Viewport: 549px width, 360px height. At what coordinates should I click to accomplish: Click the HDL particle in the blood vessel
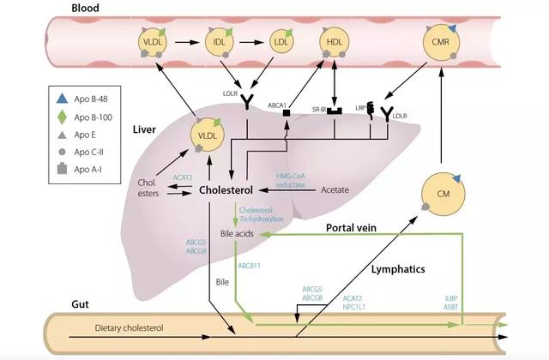click(334, 42)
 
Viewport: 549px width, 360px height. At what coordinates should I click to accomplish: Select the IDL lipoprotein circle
click(220, 42)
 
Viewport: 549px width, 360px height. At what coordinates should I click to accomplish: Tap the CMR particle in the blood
click(440, 42)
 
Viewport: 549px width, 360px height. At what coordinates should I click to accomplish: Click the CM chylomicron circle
click(443, 194)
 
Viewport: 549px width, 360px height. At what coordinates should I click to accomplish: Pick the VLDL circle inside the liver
click(208, 135)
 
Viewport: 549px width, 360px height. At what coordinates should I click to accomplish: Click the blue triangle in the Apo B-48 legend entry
click(62, 99)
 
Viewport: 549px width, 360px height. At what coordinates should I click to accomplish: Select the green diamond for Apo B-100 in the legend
click(62, 117)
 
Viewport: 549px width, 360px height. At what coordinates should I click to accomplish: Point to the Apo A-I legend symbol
click(62, 169)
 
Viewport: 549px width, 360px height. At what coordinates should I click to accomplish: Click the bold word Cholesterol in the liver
click(226, 190)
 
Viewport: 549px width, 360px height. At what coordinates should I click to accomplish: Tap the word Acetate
click(335, 190)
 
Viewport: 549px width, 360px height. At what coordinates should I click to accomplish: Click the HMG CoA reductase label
click(291, 180)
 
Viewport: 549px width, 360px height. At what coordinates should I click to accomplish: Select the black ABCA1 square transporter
click(287, 112)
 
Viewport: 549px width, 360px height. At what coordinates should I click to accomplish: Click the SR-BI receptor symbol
click(335, 111)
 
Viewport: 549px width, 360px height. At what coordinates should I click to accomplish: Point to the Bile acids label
click(237, 234)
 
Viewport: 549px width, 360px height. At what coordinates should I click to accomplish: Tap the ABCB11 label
click(250, 266)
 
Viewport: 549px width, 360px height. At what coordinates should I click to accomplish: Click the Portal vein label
click(351, 228)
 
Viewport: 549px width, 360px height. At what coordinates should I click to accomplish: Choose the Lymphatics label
click(398, 269)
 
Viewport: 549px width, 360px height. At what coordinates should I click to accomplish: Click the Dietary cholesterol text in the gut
click(129, 328)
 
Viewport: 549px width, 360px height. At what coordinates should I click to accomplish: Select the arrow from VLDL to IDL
click(187, 42)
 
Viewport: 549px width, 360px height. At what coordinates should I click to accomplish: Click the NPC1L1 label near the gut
click(353, 307)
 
